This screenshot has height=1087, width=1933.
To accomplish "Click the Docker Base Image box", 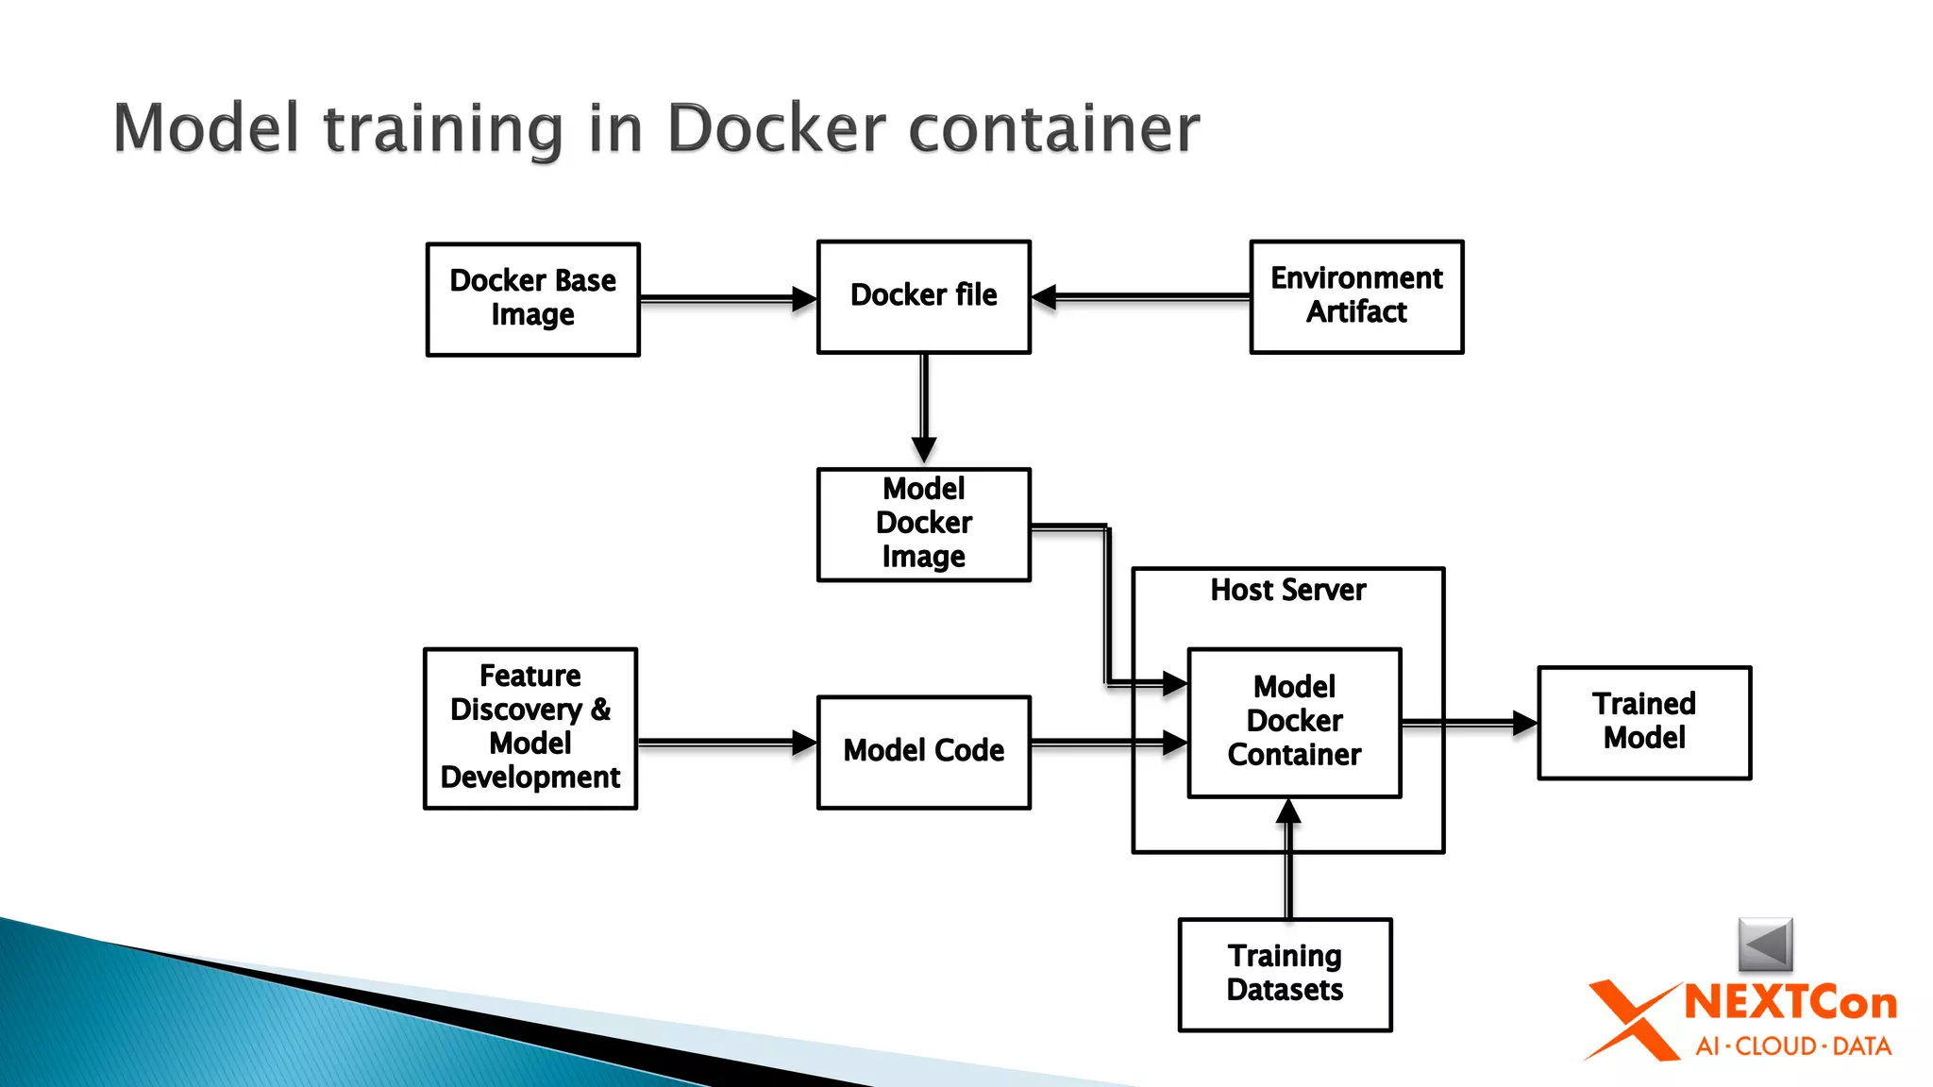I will (x=533, y=299).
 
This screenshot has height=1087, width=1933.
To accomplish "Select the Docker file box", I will (x=923, y=296).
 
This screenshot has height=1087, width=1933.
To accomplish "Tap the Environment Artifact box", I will (x=1356, y=296).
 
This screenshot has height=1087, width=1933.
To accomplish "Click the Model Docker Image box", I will (x=923, y=524).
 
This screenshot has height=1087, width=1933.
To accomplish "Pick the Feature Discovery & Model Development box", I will (x=530, y=727).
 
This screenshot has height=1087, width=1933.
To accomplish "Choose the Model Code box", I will (x=923, y=751).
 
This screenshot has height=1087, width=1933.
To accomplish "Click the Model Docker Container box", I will (x=1294, y=722).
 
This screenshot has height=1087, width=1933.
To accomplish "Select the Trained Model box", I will (x=1644, y=722).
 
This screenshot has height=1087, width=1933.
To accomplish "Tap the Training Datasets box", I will (x=1285, y=974).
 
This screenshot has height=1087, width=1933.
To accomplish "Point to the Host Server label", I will (x=1287, y=591).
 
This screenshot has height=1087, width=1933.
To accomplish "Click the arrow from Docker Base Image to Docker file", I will (x=727, y=299).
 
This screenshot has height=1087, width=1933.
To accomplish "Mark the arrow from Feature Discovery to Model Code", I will (x=727, y=743).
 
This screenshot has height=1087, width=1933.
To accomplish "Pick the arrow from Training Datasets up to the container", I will (x=1288, y=859).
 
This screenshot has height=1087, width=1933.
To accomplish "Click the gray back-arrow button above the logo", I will (x=1765, y=944).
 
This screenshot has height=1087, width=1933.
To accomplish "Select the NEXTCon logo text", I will (x=1790, y=1003).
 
